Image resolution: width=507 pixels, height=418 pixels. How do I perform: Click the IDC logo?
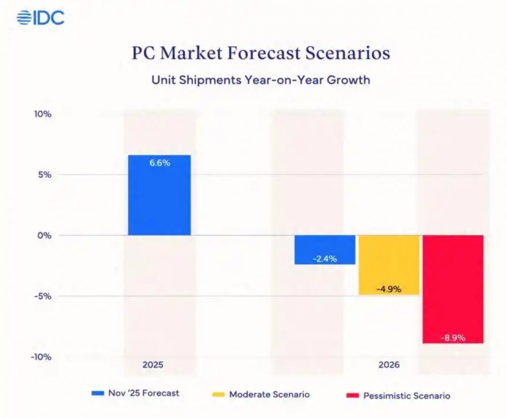coord(40,18)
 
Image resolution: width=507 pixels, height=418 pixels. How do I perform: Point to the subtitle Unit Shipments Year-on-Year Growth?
coord(261,80)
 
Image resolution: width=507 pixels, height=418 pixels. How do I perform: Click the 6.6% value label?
coord(160,163)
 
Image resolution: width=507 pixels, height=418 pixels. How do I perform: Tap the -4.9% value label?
coord(389,289)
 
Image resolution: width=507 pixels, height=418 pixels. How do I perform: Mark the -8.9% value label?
coord(453,338)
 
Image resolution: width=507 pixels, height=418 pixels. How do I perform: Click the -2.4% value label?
coord(325,259)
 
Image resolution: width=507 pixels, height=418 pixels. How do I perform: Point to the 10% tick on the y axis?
coord(42,114)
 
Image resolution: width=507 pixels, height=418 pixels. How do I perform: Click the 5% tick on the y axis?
coord(44,175)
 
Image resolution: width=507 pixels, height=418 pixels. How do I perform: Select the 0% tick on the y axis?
coord(44,235)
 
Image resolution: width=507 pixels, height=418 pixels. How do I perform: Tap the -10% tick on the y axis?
coord(41,357)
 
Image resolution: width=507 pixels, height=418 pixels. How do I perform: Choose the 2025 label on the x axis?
coord(153,364)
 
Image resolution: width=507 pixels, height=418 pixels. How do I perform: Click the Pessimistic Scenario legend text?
coord(407,396)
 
